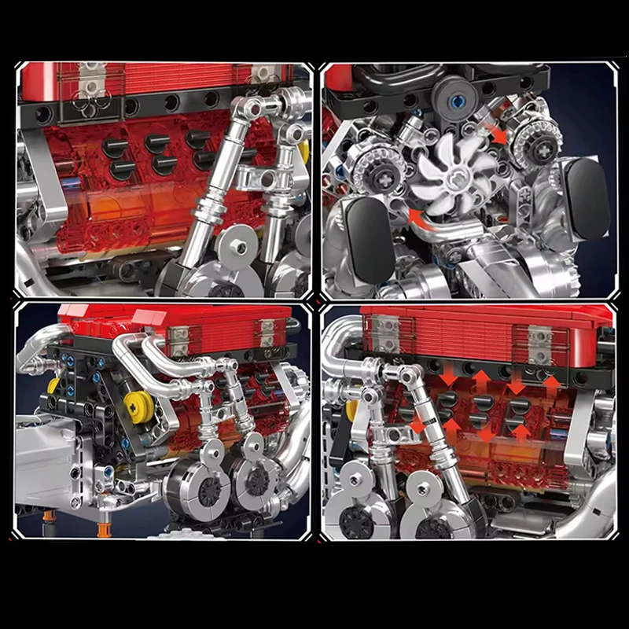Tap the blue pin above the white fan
coord(458,100)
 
